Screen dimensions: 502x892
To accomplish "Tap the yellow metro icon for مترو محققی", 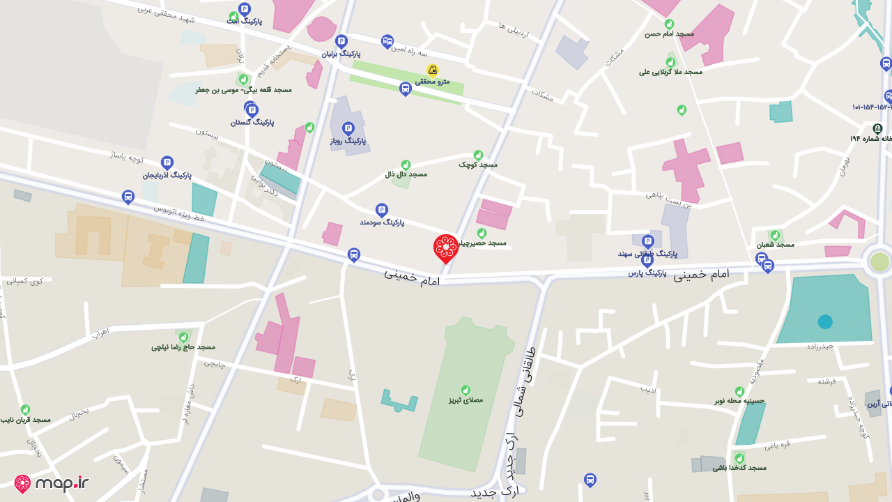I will pos(433,70).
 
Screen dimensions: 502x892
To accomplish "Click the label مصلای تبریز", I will pos(466,401).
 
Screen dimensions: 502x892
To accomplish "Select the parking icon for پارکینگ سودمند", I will pos(381,210).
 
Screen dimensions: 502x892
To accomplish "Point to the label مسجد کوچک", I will pos(478,165).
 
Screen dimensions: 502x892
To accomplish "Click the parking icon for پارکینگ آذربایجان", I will pos(167,162).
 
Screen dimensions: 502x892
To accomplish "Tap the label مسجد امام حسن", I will pos(669,33).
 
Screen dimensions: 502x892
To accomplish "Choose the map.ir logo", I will pos(52,484).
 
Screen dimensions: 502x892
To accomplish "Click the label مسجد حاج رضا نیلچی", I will pos(183,347).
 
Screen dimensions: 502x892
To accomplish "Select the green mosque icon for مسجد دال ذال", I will pos(406,165).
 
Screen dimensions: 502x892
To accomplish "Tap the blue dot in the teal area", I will pos(825,321).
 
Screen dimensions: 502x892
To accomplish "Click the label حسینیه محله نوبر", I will pos(739,401).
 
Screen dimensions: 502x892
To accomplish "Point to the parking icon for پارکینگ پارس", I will pos(647,261).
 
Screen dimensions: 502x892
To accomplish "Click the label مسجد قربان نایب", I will pos(26,420).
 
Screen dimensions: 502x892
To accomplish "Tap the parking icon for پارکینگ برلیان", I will pos(341,42).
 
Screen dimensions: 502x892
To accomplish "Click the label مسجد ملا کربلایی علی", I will pos(670,72).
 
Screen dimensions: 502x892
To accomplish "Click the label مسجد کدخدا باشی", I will pos(739,467).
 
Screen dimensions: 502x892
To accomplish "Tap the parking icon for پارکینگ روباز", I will pos(348,129).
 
